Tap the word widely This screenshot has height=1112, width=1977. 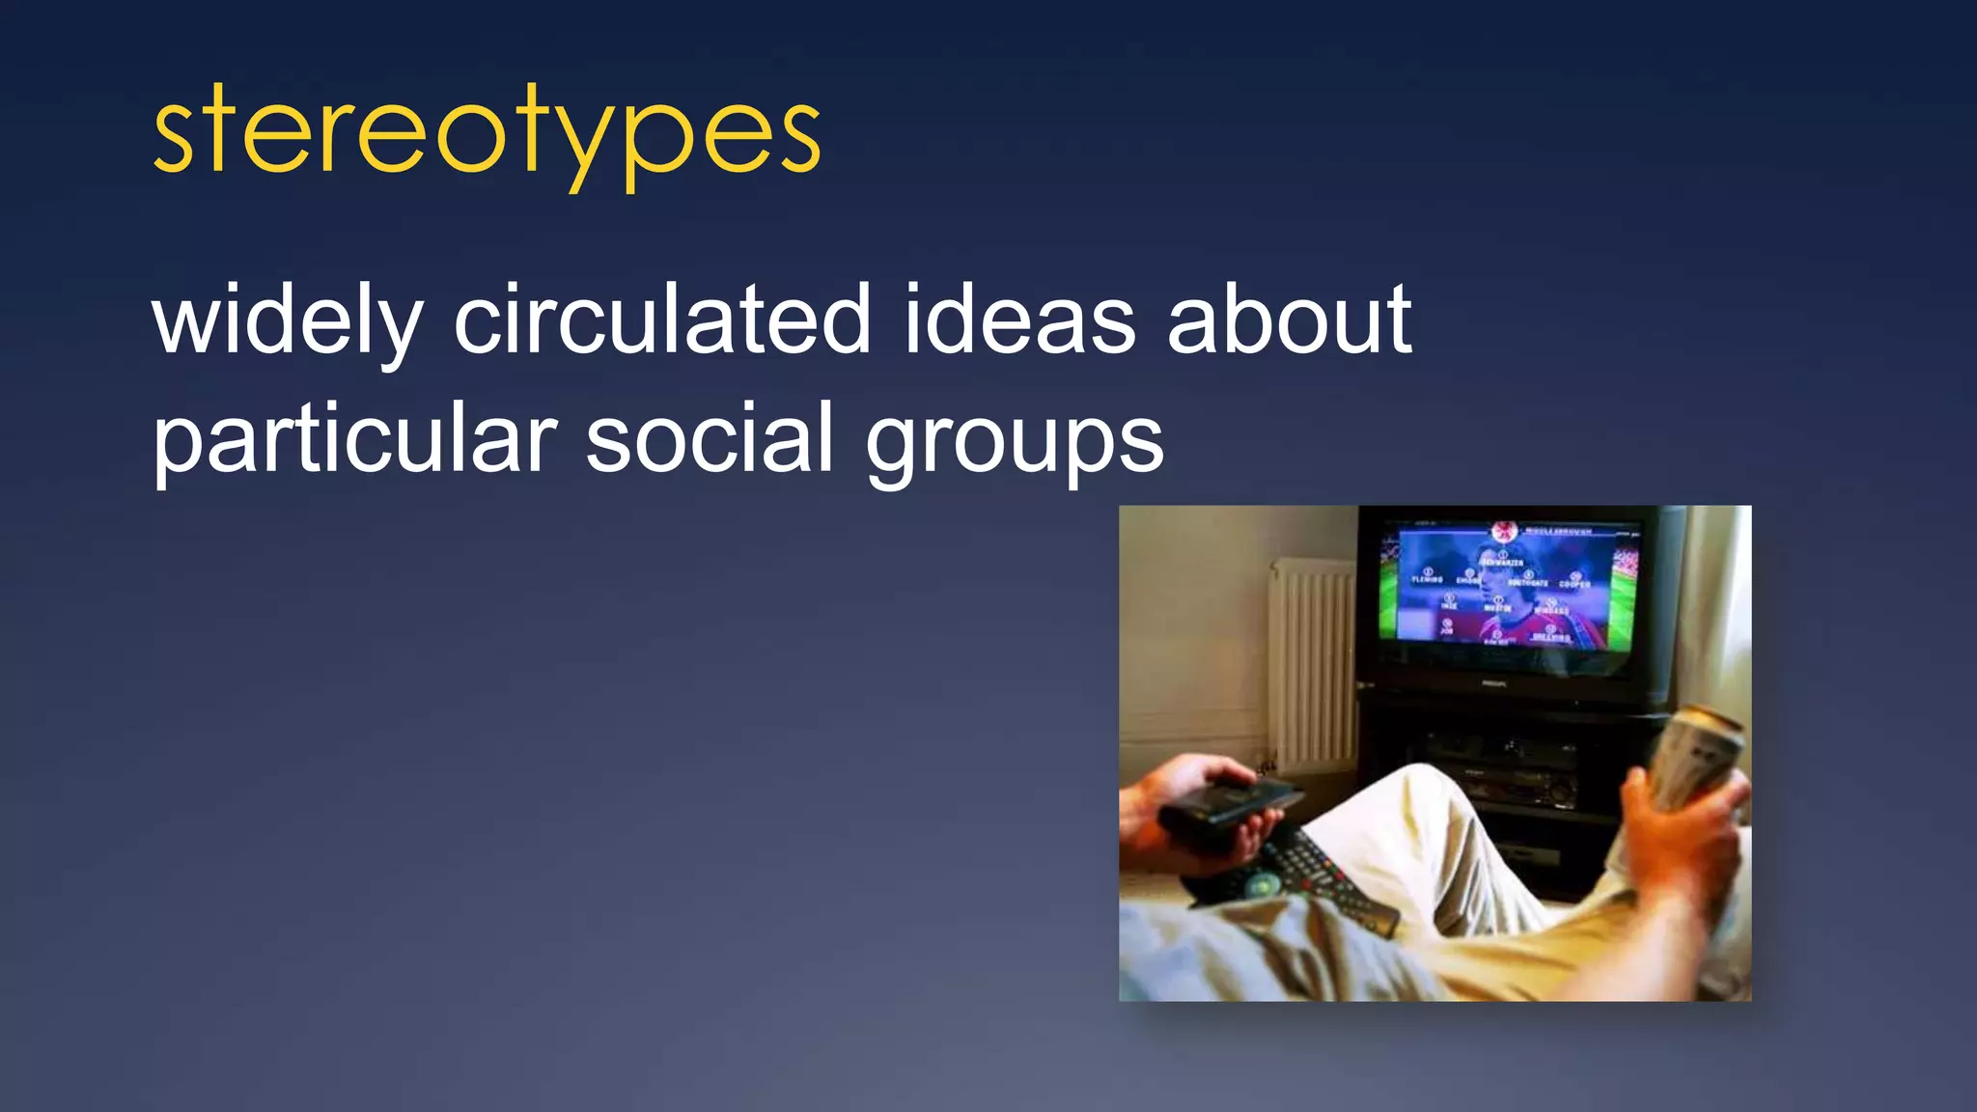(x=288, y=320)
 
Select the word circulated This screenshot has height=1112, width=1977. (x=663, y=320)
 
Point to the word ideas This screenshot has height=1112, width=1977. (x=1020, y=320)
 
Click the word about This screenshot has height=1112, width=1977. (x=1290, y=320)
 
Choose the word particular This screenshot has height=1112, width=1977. (x=355, y=440)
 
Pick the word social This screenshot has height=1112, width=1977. (x=710, y=440)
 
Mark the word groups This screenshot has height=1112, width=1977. (x=1015, y=442)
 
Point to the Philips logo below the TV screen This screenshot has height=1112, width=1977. (x=1494, y=682)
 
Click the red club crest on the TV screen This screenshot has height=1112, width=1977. (x=1503, y=530)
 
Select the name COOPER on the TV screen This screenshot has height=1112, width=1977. (x=1574, y=583)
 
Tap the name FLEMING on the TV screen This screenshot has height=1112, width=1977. (x=1427, y=579)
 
